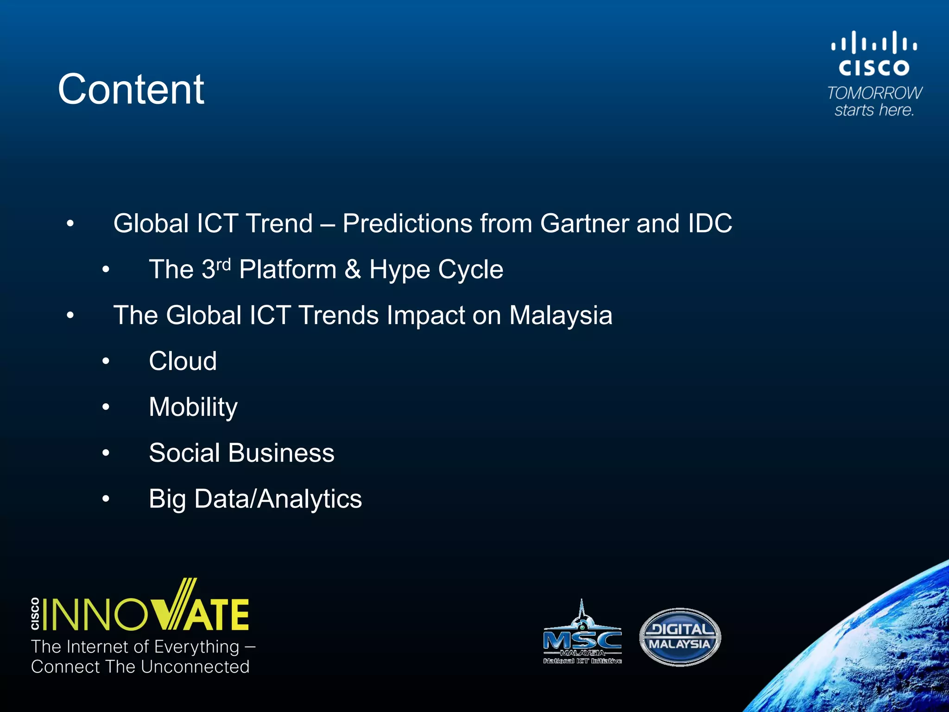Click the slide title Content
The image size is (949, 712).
131,89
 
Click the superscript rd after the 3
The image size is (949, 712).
223,265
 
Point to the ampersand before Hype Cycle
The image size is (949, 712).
353,269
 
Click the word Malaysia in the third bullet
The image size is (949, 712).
561,316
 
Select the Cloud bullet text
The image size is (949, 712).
183,361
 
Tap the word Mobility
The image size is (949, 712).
193,407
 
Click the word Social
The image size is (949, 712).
184,453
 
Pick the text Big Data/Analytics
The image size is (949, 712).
255,499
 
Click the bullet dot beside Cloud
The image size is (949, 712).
106,361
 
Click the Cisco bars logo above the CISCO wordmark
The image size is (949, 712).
874,43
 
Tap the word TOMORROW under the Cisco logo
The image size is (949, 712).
874,93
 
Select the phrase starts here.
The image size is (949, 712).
874,110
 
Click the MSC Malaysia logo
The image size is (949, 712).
582,635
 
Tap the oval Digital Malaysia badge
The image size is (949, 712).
680,637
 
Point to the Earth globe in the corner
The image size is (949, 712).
871,658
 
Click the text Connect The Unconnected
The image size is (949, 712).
140,667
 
